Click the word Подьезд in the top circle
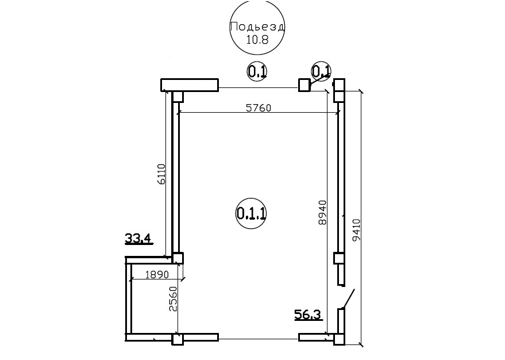click(257, 27)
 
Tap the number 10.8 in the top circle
click(257, 40)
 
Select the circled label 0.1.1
click(251, 213)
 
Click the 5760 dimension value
click(259, 108)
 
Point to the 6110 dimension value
click(161, 174)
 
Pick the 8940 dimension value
click(322, 213)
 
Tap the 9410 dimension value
click(356, 230)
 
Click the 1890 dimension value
click(157, 274)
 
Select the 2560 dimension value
click(174, 299)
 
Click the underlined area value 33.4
click(138, 239)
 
